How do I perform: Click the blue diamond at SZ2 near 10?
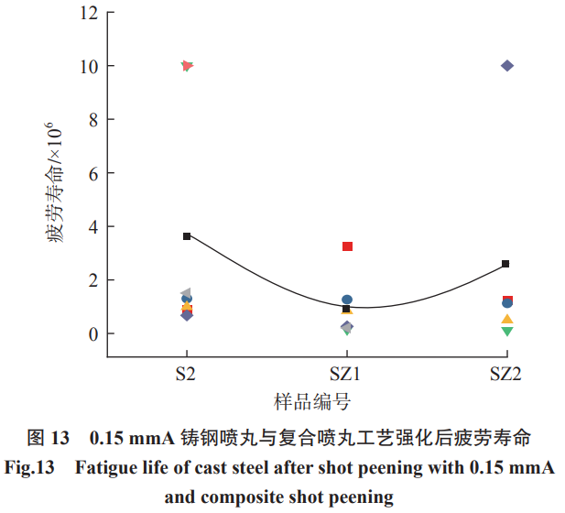507,66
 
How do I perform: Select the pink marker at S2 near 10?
187,66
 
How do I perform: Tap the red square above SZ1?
348,246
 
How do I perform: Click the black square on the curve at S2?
187,236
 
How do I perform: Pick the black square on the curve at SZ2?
506,264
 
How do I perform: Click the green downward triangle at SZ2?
507,331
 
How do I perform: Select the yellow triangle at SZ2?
507,320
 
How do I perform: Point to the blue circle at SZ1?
348,300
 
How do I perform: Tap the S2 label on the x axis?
187,373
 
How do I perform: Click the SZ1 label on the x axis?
347,373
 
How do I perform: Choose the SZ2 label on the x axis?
506,373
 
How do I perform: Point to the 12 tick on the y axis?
88,14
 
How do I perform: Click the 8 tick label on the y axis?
92,120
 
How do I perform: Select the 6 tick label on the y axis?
92,173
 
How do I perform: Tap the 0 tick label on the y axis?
92,333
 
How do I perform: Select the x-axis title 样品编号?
312,402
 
